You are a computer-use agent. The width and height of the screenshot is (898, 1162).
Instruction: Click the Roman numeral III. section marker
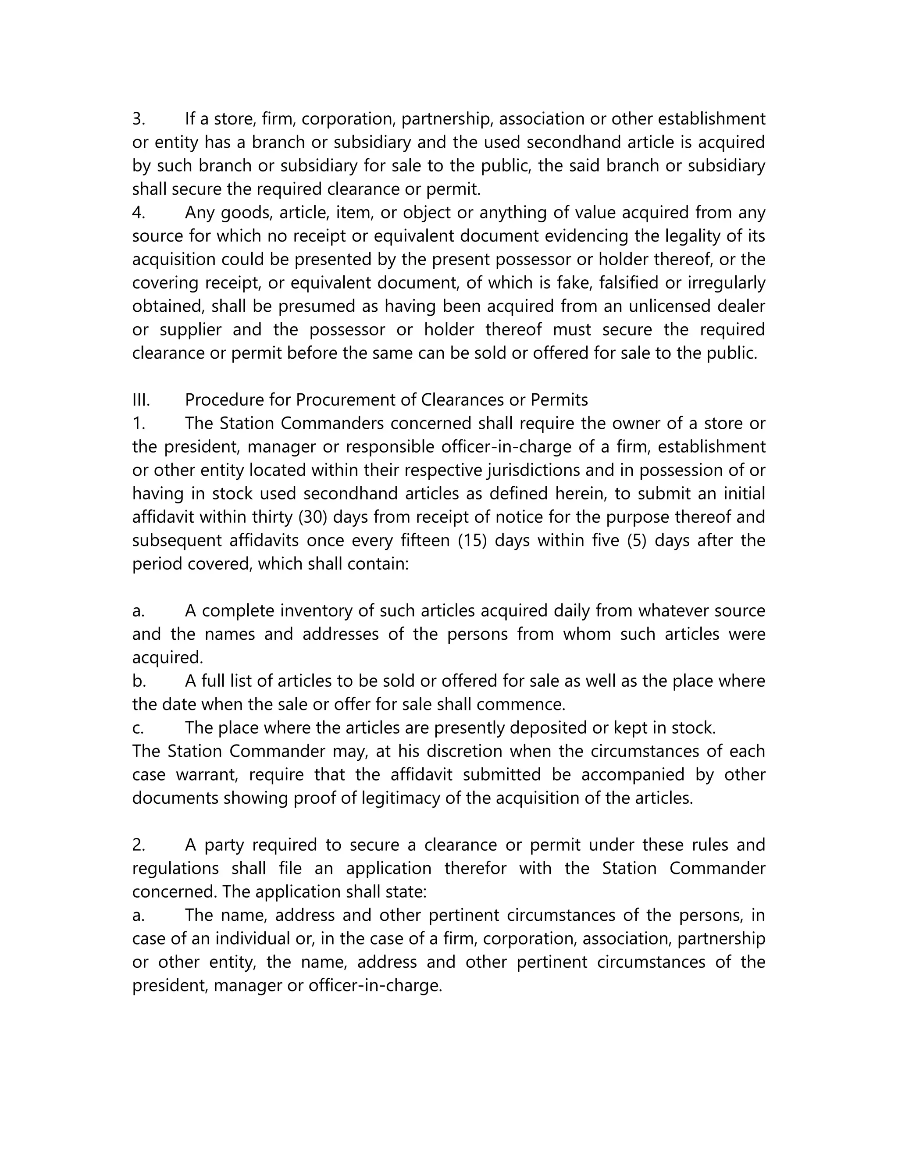click(x=141, y=399)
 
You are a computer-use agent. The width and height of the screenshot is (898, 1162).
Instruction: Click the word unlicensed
click(x=668, y=306)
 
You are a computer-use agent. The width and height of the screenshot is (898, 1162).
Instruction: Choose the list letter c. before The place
click(x=138, y=727)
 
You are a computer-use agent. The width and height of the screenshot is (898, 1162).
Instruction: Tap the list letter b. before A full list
click(x=139, y=681)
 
